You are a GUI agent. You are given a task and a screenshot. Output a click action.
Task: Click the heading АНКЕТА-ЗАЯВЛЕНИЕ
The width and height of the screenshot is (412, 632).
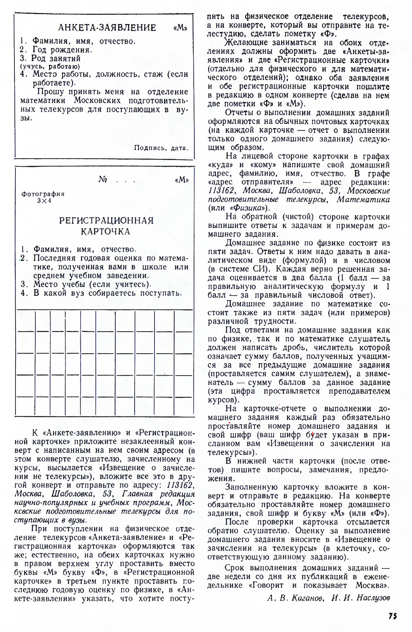tap(107, 27)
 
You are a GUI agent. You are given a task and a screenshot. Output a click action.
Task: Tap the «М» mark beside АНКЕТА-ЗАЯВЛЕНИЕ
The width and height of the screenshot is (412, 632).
tap(181, 28)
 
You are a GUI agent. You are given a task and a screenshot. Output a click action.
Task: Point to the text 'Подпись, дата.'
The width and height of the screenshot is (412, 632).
tap(161, 148)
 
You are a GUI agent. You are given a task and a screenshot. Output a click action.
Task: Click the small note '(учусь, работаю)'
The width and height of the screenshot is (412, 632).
tap(50, 67)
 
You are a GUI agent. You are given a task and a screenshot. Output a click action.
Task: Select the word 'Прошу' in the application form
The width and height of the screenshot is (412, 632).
tap(50, 92)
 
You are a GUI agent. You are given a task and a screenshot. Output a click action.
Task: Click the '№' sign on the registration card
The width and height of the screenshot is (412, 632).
tap(103, 180)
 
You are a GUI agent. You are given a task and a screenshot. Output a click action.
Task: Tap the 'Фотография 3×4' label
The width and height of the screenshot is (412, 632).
tap(43, 197)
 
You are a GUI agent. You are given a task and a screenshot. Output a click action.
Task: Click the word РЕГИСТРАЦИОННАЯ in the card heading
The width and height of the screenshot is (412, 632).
tap(106, 220)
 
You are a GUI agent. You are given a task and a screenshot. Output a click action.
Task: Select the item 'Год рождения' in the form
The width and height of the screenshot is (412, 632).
tap(62, 50)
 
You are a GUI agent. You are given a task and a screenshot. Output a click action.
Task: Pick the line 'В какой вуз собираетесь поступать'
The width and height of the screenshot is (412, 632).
tap(107, 293)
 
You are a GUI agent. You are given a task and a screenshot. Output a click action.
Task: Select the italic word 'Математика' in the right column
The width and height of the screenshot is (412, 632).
tap(363, 199)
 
